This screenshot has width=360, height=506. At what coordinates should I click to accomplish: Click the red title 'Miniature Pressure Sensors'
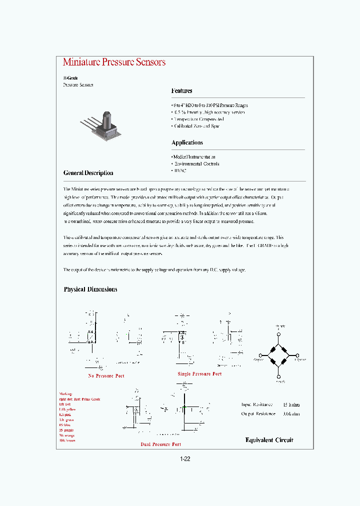tap(114, 62)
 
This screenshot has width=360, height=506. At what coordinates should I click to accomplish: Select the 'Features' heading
tap(181, 91)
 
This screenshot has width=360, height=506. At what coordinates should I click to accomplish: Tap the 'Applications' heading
tap(187, 143)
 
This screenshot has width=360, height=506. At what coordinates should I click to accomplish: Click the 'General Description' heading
tap(88, 173)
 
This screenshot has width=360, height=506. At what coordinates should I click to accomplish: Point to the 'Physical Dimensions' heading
tap(90, 289)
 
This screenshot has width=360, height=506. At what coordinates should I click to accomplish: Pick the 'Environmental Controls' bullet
tap(195, 163)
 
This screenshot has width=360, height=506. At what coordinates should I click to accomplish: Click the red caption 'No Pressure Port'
tap(106, 375)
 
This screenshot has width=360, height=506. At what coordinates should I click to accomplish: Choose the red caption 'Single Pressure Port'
tap(199, 373)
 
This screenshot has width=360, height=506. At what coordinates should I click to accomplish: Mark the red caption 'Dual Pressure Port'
tap(160, 444)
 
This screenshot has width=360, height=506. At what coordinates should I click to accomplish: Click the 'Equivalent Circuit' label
tap(269, 440)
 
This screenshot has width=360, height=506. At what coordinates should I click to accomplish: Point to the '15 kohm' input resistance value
tap(291, 404)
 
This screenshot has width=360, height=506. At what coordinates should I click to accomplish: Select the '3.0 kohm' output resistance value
tap(291, 413)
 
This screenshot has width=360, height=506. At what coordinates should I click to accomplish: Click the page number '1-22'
tap(185, 459)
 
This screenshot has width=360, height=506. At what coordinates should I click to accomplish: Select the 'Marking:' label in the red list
tap(65, 394)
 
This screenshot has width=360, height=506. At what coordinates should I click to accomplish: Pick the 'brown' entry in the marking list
tap(68, 440)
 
